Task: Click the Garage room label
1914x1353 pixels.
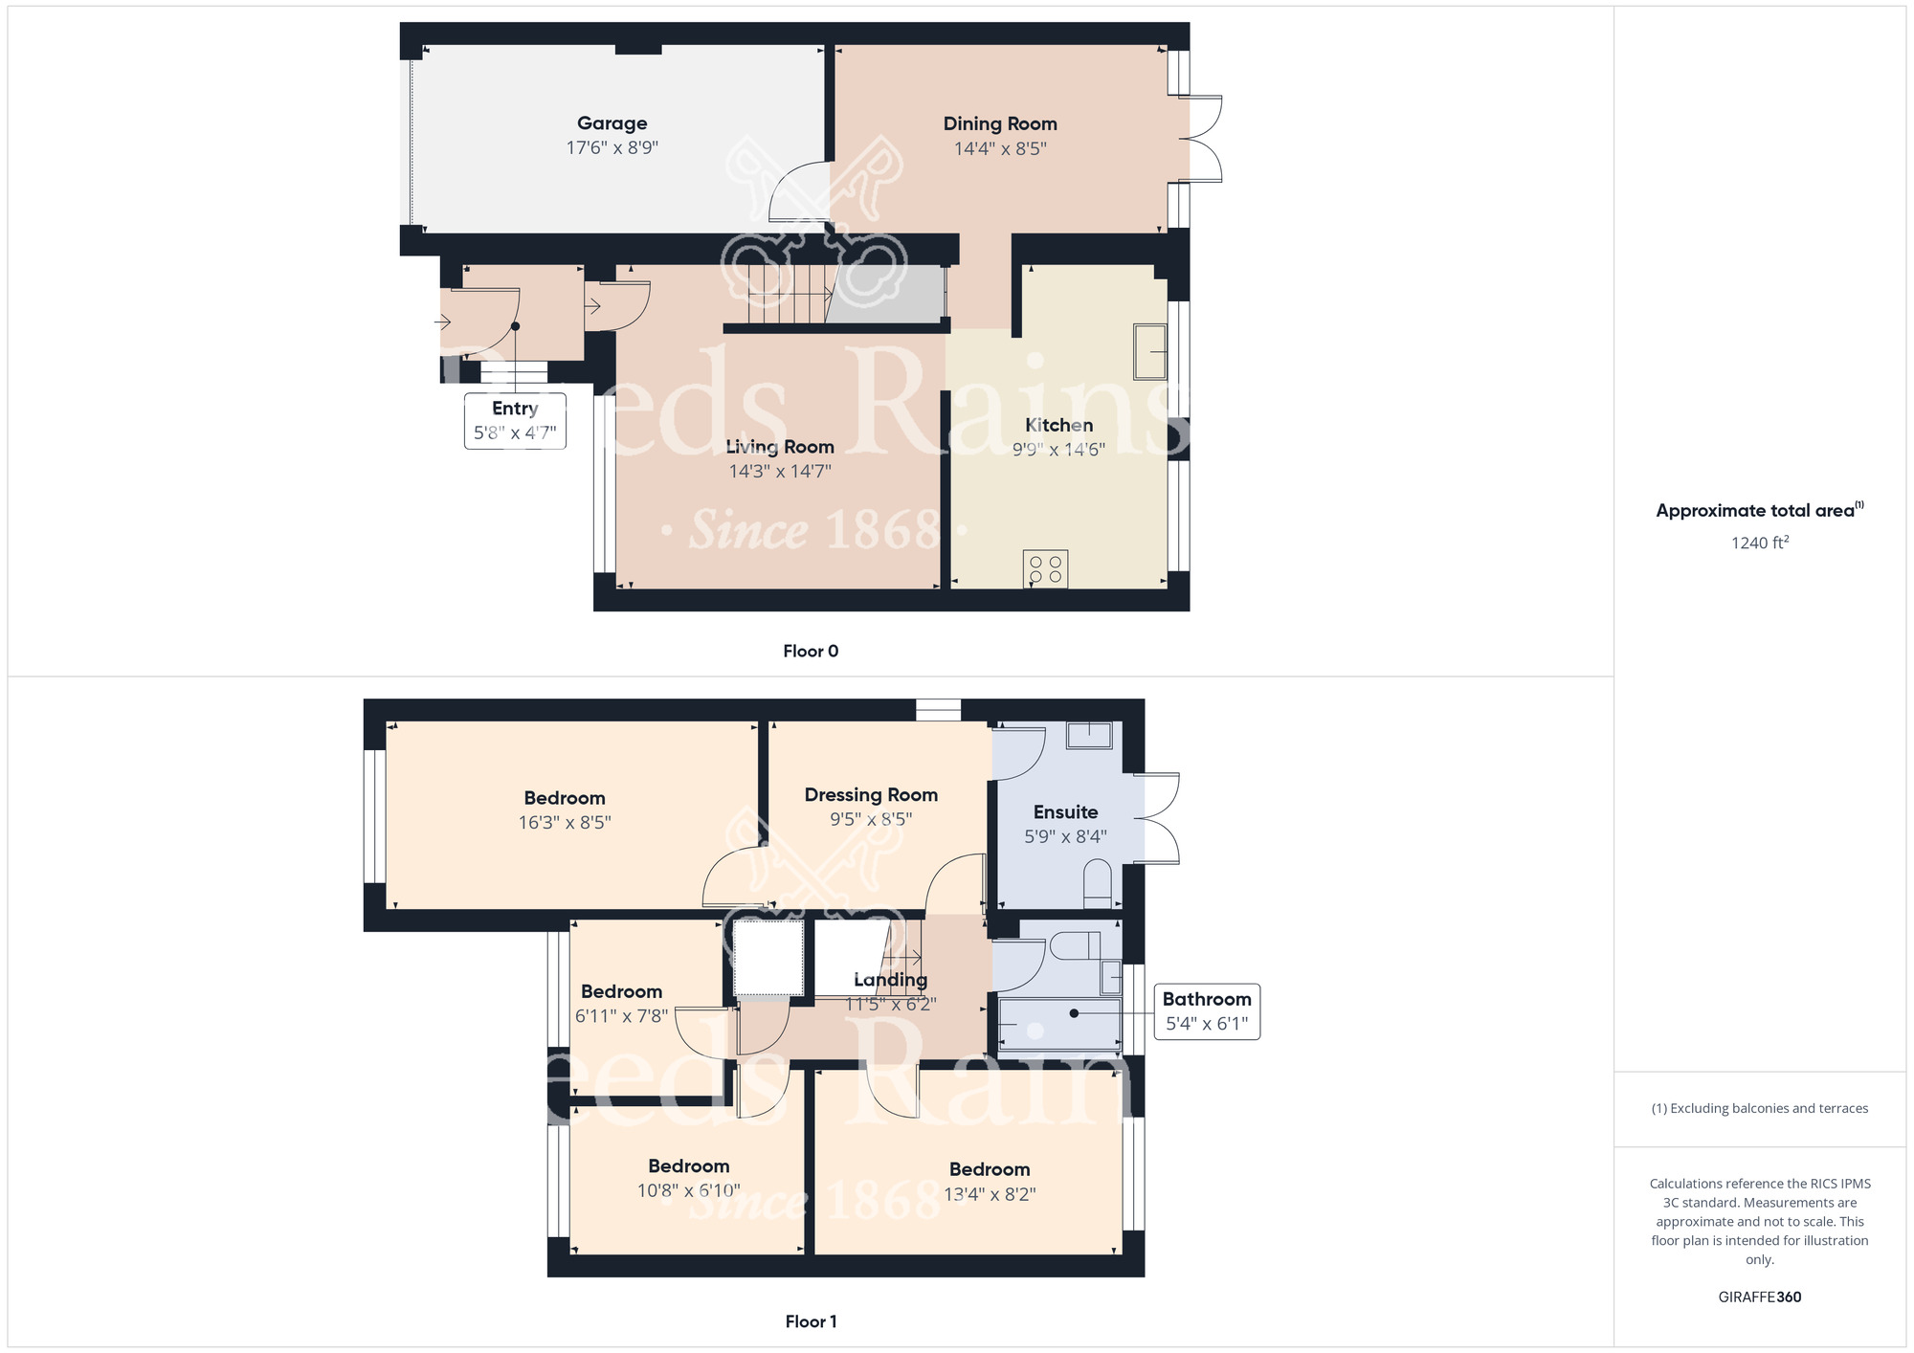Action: (x=612, y=123)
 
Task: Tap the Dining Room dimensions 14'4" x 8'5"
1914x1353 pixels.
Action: (x=1000, y=148)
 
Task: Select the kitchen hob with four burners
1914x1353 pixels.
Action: (x=1045, y=568)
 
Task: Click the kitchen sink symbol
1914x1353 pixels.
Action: (x=1149, y=351)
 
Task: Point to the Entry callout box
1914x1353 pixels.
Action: (x=515, y=420)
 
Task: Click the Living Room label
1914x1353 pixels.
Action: (x=780, y=447)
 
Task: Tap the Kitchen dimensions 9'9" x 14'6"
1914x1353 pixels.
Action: (x=1058, y=450)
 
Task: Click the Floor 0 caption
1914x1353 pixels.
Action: (x=811, y=652)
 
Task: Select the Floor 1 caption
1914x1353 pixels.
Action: (x=811, y=1321)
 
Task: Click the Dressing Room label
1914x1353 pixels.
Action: (x=871, y=795)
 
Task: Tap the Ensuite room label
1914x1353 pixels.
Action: (x=1065, y=812)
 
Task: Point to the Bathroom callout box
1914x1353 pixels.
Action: (x=1207, y=1011)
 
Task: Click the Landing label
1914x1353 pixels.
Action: (x=890, y=980)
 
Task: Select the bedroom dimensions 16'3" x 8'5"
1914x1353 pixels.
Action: (x=565, y=822)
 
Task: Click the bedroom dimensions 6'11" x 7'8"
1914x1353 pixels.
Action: (x=621, y=1016)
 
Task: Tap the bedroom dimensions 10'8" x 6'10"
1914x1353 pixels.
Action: (x=689, y=1190)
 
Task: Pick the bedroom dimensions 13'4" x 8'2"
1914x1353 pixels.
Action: (x=990, y=1194)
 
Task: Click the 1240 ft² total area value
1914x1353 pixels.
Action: (x=1760, y=543)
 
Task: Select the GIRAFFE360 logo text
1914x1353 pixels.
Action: (x=1760, y=1298)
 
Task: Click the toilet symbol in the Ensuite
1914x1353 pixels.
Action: (x=1097, y=884)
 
